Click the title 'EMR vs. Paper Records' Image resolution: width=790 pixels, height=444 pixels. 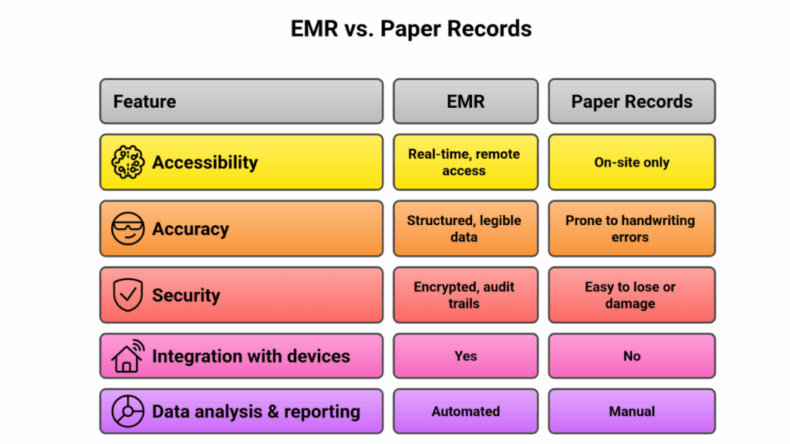coord(411,29)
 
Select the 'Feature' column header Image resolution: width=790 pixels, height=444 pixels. coord(241,101)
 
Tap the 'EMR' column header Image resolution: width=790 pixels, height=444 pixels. coord(465,101)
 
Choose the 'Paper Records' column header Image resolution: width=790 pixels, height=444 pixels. coord(632,101)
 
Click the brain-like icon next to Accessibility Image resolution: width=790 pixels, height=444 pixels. coord(128,162)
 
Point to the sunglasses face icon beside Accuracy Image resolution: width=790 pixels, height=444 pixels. coord(128,228)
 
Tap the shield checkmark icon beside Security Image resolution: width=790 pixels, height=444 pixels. coord(128,294)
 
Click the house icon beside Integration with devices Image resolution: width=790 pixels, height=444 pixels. coord(128,356)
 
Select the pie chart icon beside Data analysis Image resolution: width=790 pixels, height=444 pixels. coord(128,412)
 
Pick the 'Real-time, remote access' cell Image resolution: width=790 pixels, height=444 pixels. coord(465,162)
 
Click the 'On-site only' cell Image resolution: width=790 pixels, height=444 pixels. coord(632,162)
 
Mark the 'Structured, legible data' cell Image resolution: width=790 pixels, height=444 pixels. coord(465,228)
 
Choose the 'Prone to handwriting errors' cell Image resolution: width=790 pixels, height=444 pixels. coord(632,228)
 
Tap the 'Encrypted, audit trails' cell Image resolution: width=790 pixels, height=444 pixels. coord(465,295)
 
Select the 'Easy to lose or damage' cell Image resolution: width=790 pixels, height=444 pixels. coord(632,295)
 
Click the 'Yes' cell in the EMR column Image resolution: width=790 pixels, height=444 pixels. coord(465,356)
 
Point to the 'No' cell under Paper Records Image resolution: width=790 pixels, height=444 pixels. coord(632,356)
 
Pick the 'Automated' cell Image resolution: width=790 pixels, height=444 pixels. coord(465,412)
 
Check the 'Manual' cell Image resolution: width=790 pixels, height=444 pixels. coord(632,412)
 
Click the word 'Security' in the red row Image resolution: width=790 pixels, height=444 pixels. coord(186,295)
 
